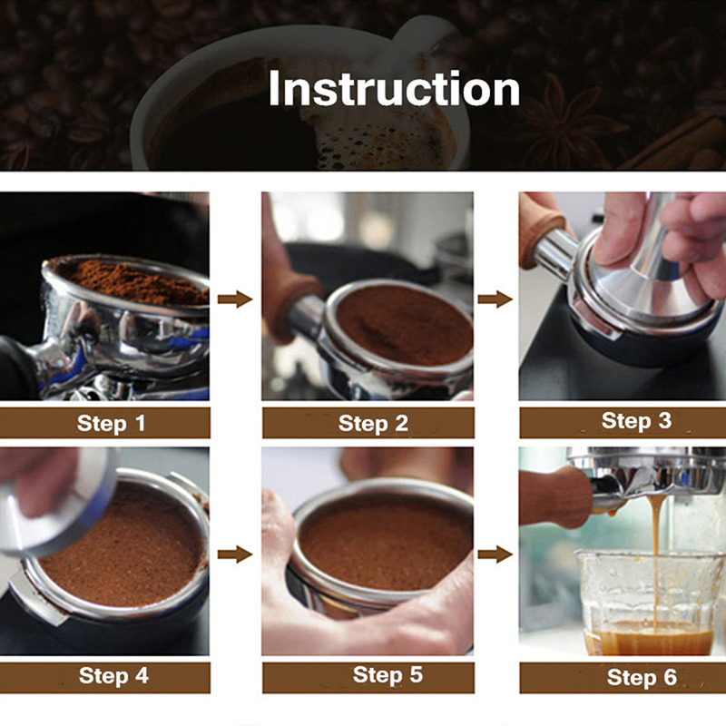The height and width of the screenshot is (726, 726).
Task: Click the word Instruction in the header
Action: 394,89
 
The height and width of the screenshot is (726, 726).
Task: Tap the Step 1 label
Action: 111,423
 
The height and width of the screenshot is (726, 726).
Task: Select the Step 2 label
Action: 373,424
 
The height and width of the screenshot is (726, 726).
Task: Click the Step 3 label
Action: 636,421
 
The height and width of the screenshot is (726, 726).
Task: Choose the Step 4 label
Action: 113,675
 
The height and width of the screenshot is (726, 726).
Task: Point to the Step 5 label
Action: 388,675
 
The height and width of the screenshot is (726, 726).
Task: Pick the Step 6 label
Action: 642,677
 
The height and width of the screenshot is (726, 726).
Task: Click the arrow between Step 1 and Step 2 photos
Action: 235,299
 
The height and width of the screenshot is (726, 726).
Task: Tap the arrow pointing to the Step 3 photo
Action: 495,299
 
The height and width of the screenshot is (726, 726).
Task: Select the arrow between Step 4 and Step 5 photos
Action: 235,554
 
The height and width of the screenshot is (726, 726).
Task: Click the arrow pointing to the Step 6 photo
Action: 495,554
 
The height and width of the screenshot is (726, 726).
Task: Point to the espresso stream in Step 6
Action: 654,564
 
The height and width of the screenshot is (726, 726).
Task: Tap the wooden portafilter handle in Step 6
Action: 555,497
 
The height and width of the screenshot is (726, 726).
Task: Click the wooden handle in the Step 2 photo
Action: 289,297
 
